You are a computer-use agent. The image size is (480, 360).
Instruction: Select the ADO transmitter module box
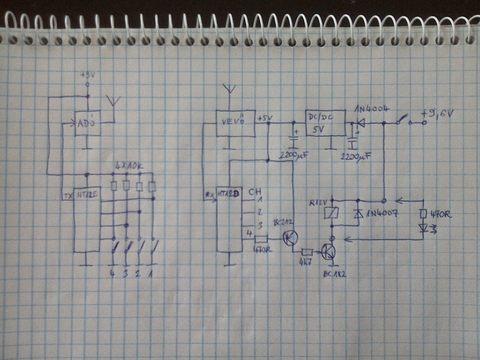coord(88,124)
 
